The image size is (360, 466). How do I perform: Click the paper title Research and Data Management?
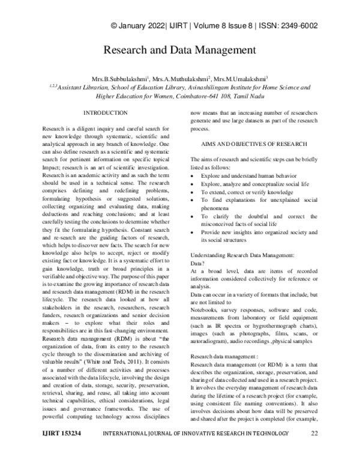(180, 50)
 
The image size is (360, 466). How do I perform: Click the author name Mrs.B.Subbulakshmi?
(116, 79)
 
